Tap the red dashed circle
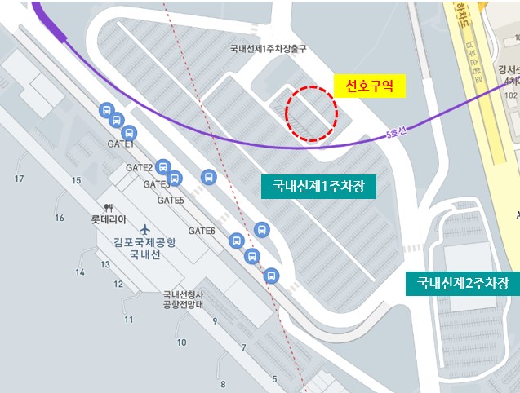pyautogui.click(x=312, y=115)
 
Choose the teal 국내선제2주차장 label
pyautogui.click(x=462, y=284)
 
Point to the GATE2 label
pyautogui.click(x=140, y=167)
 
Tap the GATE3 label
pyautogui.click(x=157, y=184)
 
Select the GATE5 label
pyautogui.click(x=171, y=200)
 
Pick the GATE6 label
pyautogui.click(x=202, y=231)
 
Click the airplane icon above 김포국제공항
pyautogui.click(x=145, y=227)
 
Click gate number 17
pyautogui.click(x=20, y=179)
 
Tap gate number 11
pyautogui.click(x=128, y=320)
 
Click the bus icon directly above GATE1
pyautogui.click(x=128, y=134)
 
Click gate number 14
pyautogui.click(x=81, y=272)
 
